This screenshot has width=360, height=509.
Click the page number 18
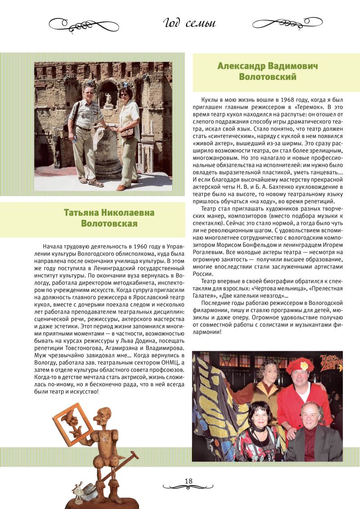[188, 481]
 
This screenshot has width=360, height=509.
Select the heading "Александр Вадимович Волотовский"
[267, 71]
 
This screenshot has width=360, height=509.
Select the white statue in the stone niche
[108, 98]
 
